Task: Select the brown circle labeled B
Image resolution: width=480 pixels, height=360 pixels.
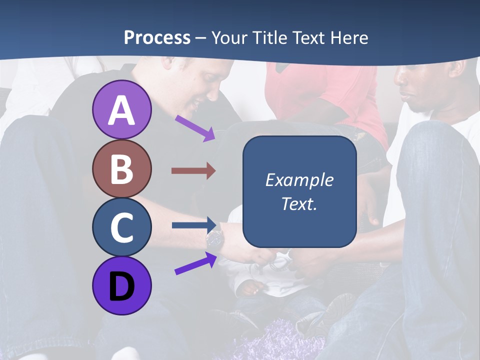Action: point(121,169)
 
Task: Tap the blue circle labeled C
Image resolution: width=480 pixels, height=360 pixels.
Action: point(121,227)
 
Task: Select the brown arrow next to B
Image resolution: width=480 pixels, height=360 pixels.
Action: point(193,171)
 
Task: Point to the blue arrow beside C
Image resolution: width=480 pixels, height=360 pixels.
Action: point(193,225)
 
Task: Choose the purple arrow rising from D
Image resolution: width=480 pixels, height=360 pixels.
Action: point(195,263)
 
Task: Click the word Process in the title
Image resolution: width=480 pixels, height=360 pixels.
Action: point(157,37)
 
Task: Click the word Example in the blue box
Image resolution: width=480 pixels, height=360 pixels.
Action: point(299,180)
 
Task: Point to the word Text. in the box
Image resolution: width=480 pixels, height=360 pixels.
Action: point(299,203)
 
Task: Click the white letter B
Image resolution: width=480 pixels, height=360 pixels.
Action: point(121,169)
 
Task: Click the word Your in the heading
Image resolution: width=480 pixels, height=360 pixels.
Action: point(229,37)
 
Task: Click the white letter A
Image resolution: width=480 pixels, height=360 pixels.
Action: point(121,110)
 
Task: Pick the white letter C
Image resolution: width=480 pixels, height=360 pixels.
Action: point(121,227)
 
